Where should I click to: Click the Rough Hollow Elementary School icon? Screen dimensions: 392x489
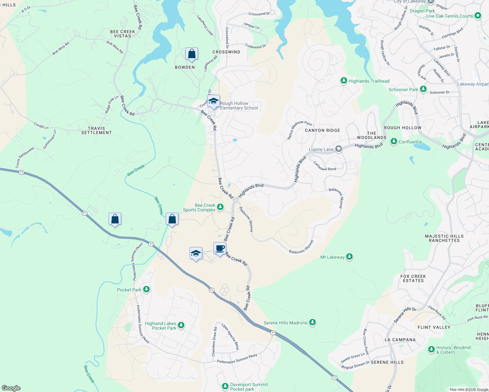pyautogui.click(x=213, y=101)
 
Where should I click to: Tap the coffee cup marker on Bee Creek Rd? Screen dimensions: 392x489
pyautogui.click(x=220, y=248)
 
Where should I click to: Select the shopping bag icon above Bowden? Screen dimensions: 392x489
pyautogui.click(x=192, y=54)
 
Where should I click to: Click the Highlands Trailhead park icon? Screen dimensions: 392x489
pyautogui.click(x=344, y=81)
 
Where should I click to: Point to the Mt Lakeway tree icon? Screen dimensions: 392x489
pyautogui.click(x=349, y=257)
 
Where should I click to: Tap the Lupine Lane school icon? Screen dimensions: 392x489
pyautogui.click(x=339, y=149)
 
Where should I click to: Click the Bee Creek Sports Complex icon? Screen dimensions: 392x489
pyautogui.click(x=221, y=207)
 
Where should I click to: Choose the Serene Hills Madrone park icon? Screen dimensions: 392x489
pyautogui.click(x=312, y=322)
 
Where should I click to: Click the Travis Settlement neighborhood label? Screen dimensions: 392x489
pyautogui.click(x=96, y=130)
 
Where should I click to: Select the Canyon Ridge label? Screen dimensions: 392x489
pyautogui.click(x=322, y=130)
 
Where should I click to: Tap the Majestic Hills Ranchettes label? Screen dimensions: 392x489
pyautogui.click(x=444, y=238)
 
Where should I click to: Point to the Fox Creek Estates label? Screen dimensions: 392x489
pyautogui.click(x=413, y=278)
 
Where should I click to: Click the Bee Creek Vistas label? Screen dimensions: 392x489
pyautogui.click(x=123, y=34)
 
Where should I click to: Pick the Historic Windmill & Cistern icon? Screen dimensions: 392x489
pyautogui.click(x=431, y=350)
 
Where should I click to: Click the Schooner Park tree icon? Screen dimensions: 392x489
pyautogui.click(x=423, y=89)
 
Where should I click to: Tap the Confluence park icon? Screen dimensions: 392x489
pyautogui.click(x=394, y=141)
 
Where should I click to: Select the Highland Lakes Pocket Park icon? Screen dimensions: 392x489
pyautogui.click(x=181, y=325)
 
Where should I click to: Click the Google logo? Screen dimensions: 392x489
pyautogui.click(x=11, y=388)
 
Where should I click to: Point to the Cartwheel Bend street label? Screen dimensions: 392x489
pyautogui.click(x=325, y=166)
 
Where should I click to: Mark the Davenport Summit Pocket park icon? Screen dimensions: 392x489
pyautogui.click(x=225, y=386)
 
